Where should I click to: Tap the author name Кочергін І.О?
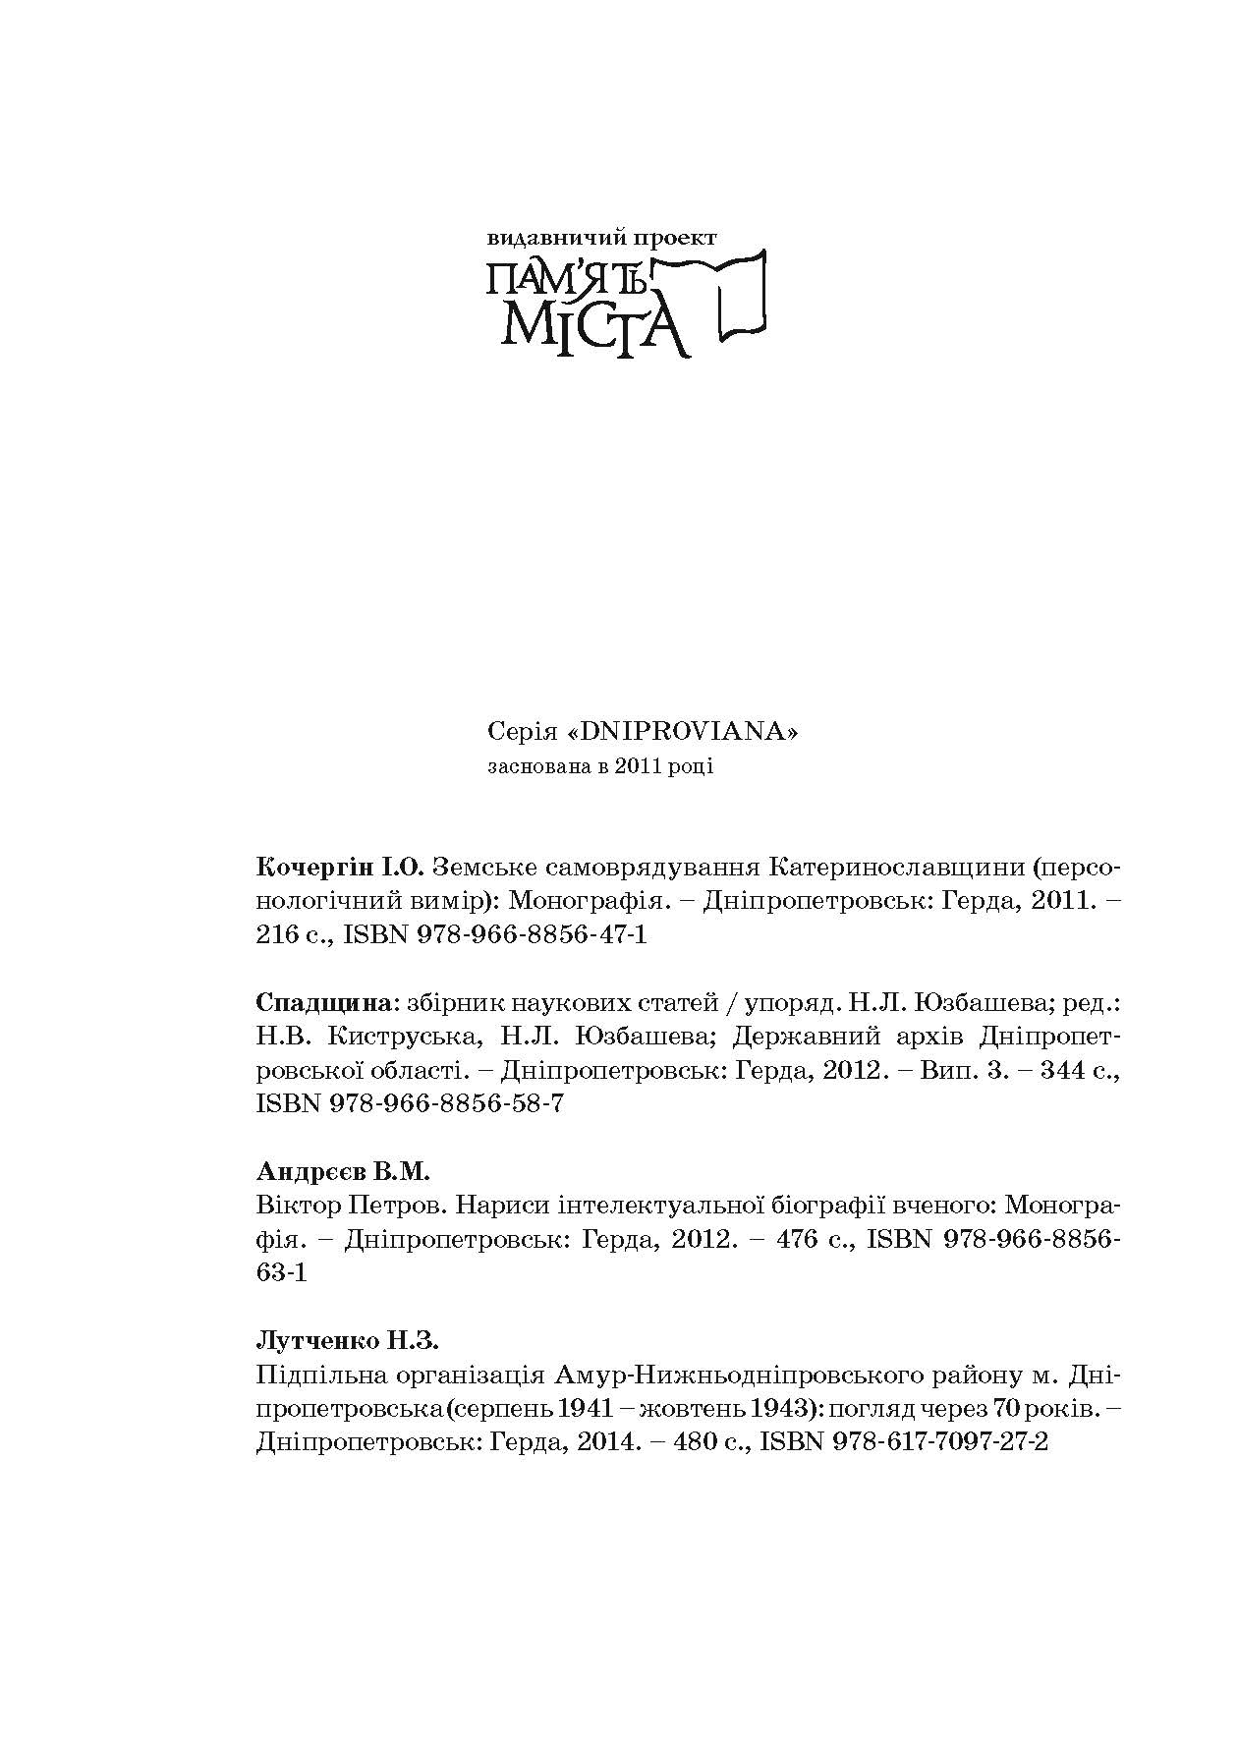(339, 868)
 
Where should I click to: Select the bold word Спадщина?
(323, 1003)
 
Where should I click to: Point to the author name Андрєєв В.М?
(343, 1172)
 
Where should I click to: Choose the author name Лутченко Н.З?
(347, 1340)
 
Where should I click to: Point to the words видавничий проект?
(602, 238)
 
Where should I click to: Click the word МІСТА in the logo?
(590, 324)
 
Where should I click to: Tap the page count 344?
(1054, 1070)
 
